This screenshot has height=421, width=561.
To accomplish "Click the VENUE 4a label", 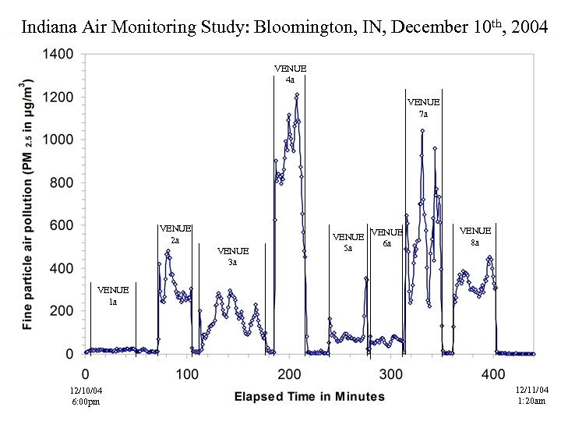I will (290, 74).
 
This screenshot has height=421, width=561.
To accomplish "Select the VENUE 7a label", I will (423, 108).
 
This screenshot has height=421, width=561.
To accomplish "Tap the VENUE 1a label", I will (113, 295).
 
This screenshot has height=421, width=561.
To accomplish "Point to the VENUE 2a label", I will (175, 234).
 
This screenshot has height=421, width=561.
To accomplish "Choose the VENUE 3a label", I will (233, 256).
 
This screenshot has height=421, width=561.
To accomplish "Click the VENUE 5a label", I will (348, 242).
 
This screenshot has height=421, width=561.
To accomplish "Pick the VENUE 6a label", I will (386, 237).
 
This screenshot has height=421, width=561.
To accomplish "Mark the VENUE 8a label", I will (475, 236).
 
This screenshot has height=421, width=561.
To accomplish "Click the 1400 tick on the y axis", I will (58, 55).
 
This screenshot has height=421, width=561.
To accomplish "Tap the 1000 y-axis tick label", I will (58, 140).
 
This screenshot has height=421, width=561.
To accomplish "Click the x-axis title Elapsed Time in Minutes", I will (309, 397).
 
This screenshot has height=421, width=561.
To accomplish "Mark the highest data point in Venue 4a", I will (297, 95).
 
